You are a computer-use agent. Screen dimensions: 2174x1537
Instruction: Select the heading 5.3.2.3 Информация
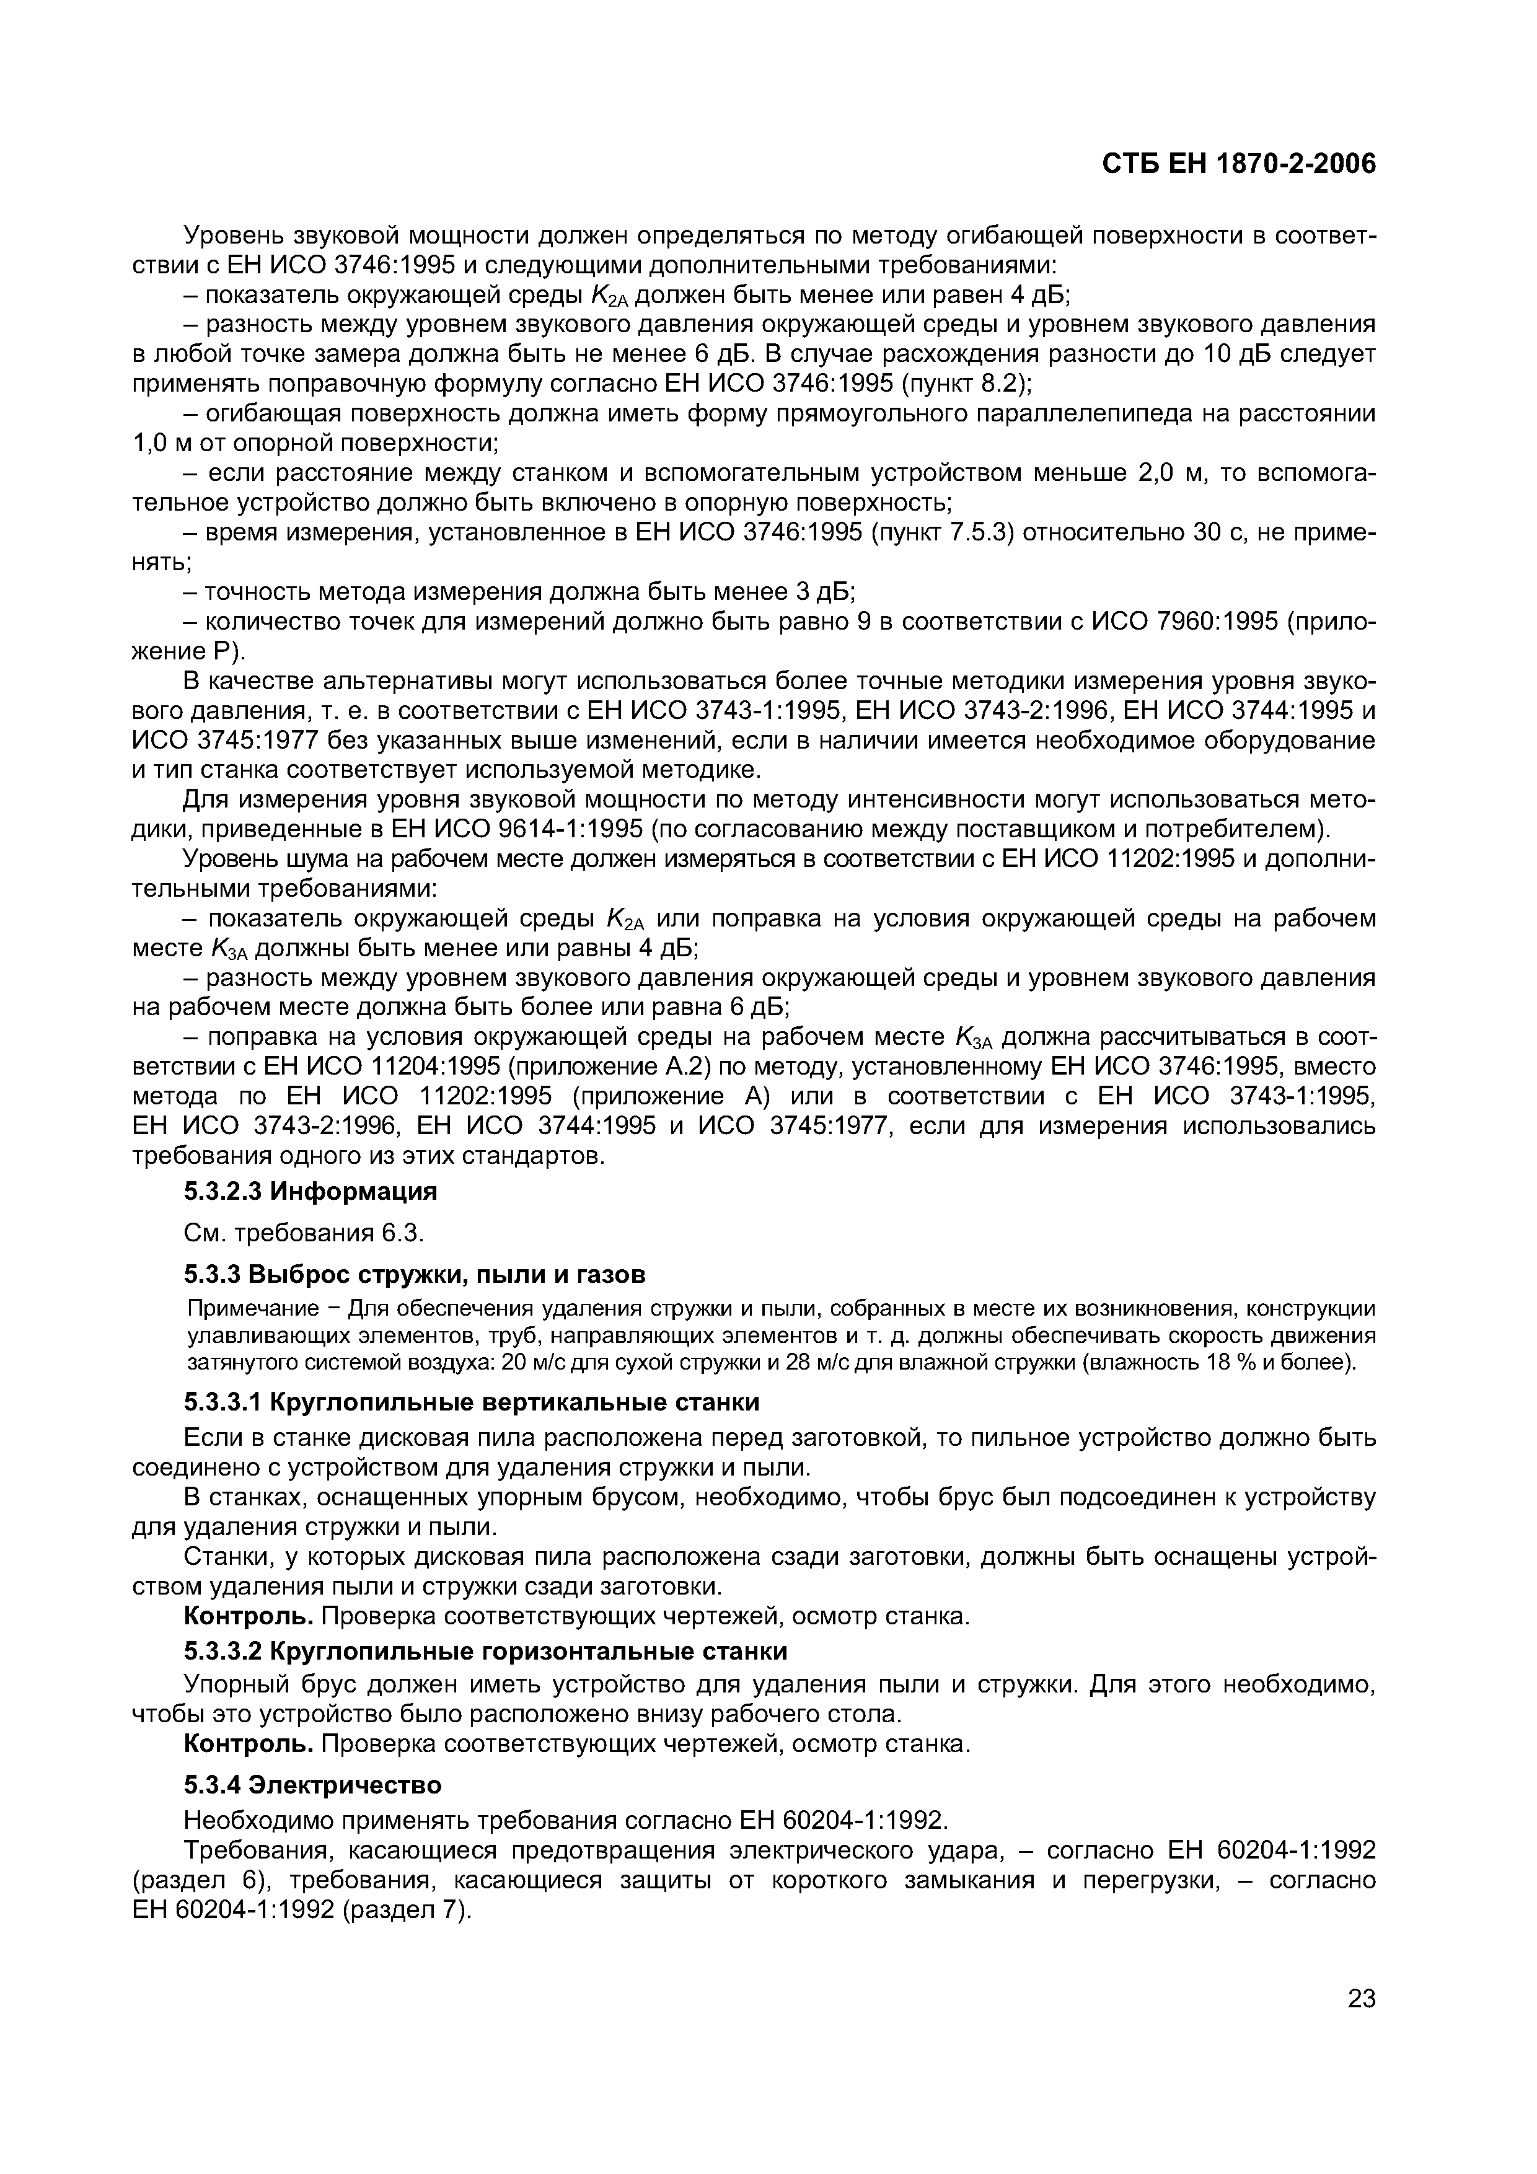(310, 1191)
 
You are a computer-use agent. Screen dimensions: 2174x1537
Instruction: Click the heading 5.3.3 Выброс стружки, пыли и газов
(414, 1275)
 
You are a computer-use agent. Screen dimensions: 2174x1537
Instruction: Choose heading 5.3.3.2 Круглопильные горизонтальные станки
(485, 1650)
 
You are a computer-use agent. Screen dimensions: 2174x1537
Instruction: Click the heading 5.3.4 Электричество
(312, 1785)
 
